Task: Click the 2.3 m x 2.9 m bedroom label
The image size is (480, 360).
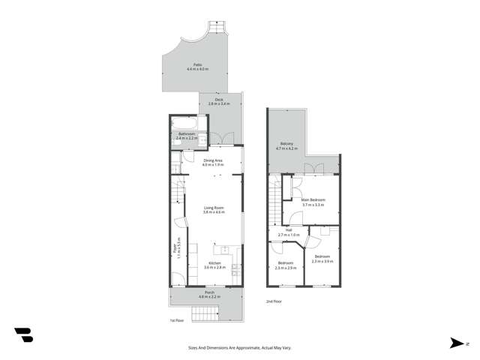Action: [x=286, y=264]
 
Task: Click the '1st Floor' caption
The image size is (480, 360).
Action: [x=177, y=320]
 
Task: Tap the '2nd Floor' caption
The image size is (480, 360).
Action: [x=274, y=301]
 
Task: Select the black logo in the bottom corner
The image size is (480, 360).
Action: [x=23, y=335]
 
